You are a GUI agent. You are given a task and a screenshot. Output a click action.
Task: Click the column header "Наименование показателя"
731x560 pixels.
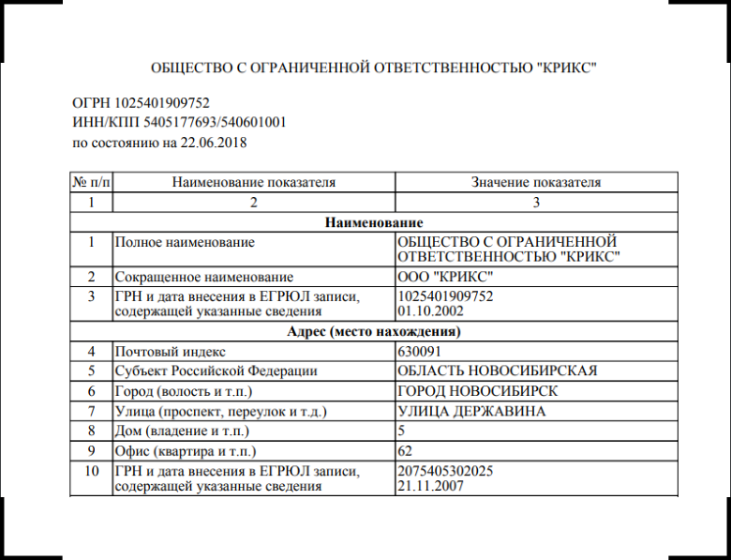[x=254, y=182]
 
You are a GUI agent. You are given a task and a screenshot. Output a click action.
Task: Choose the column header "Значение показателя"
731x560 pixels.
[x=536, y=182]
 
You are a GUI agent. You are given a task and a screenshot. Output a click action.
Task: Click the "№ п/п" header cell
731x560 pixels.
[x=91, y=182]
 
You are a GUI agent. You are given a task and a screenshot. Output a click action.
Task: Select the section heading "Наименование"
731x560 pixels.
[x=374, y=222]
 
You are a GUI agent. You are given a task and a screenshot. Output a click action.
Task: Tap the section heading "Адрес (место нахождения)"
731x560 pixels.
[x=374, y=332]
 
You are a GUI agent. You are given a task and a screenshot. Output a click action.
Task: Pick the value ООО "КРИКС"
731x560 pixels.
[x=444, y=277]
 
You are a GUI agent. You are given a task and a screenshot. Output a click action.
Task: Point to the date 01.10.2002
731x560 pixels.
[x=430, y=310]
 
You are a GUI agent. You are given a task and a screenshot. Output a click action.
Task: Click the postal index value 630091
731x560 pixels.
[x=419, y=352]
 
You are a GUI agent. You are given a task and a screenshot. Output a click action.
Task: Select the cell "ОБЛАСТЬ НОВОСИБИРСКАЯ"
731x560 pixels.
[x=497, y=371]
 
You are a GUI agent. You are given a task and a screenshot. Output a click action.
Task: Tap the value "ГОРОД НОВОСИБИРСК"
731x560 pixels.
[x=479, y=391]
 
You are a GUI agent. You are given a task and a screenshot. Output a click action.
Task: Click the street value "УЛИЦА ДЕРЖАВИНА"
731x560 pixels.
[x=472, y=411]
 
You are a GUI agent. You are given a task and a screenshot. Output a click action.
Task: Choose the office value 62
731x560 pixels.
[x=406, y=451]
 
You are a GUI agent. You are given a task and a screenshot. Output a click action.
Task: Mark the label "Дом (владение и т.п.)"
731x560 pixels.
[x=181, y=431]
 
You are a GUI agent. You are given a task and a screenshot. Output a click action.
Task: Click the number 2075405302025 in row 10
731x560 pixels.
[x=446, y=471]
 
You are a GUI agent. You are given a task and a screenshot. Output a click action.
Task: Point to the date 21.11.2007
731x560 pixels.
[x=430, y=486]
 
